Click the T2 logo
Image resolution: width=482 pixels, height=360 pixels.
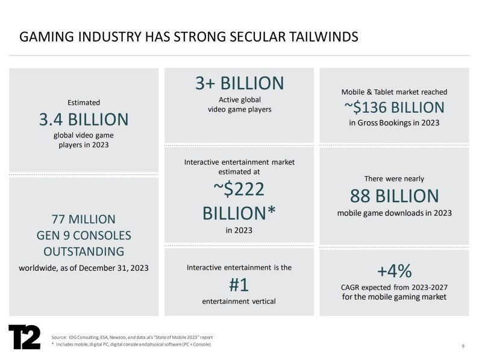(24, 337)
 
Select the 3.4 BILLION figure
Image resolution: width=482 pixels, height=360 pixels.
(84, 119)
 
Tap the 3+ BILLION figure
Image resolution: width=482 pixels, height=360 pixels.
(239, 83)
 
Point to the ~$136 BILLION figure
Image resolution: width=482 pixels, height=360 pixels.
(394, 107)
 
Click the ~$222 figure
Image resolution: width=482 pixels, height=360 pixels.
(239, 189)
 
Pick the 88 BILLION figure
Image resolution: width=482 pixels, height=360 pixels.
(394, 195)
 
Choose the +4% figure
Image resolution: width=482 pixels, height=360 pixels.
(394, 270)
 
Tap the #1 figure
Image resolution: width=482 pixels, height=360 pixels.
(239, 284)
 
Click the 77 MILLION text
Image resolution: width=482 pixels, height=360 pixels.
(84, 219)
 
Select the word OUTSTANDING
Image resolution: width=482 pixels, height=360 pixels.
(84, 251)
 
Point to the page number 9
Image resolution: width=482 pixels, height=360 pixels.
(463, 346)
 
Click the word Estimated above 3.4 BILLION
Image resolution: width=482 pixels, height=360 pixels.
(84, 103)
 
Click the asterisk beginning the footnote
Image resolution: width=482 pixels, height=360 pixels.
(53, 344)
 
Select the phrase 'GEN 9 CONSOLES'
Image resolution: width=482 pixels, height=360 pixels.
(84, 235)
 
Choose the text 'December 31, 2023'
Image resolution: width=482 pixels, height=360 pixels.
(115, 267)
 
